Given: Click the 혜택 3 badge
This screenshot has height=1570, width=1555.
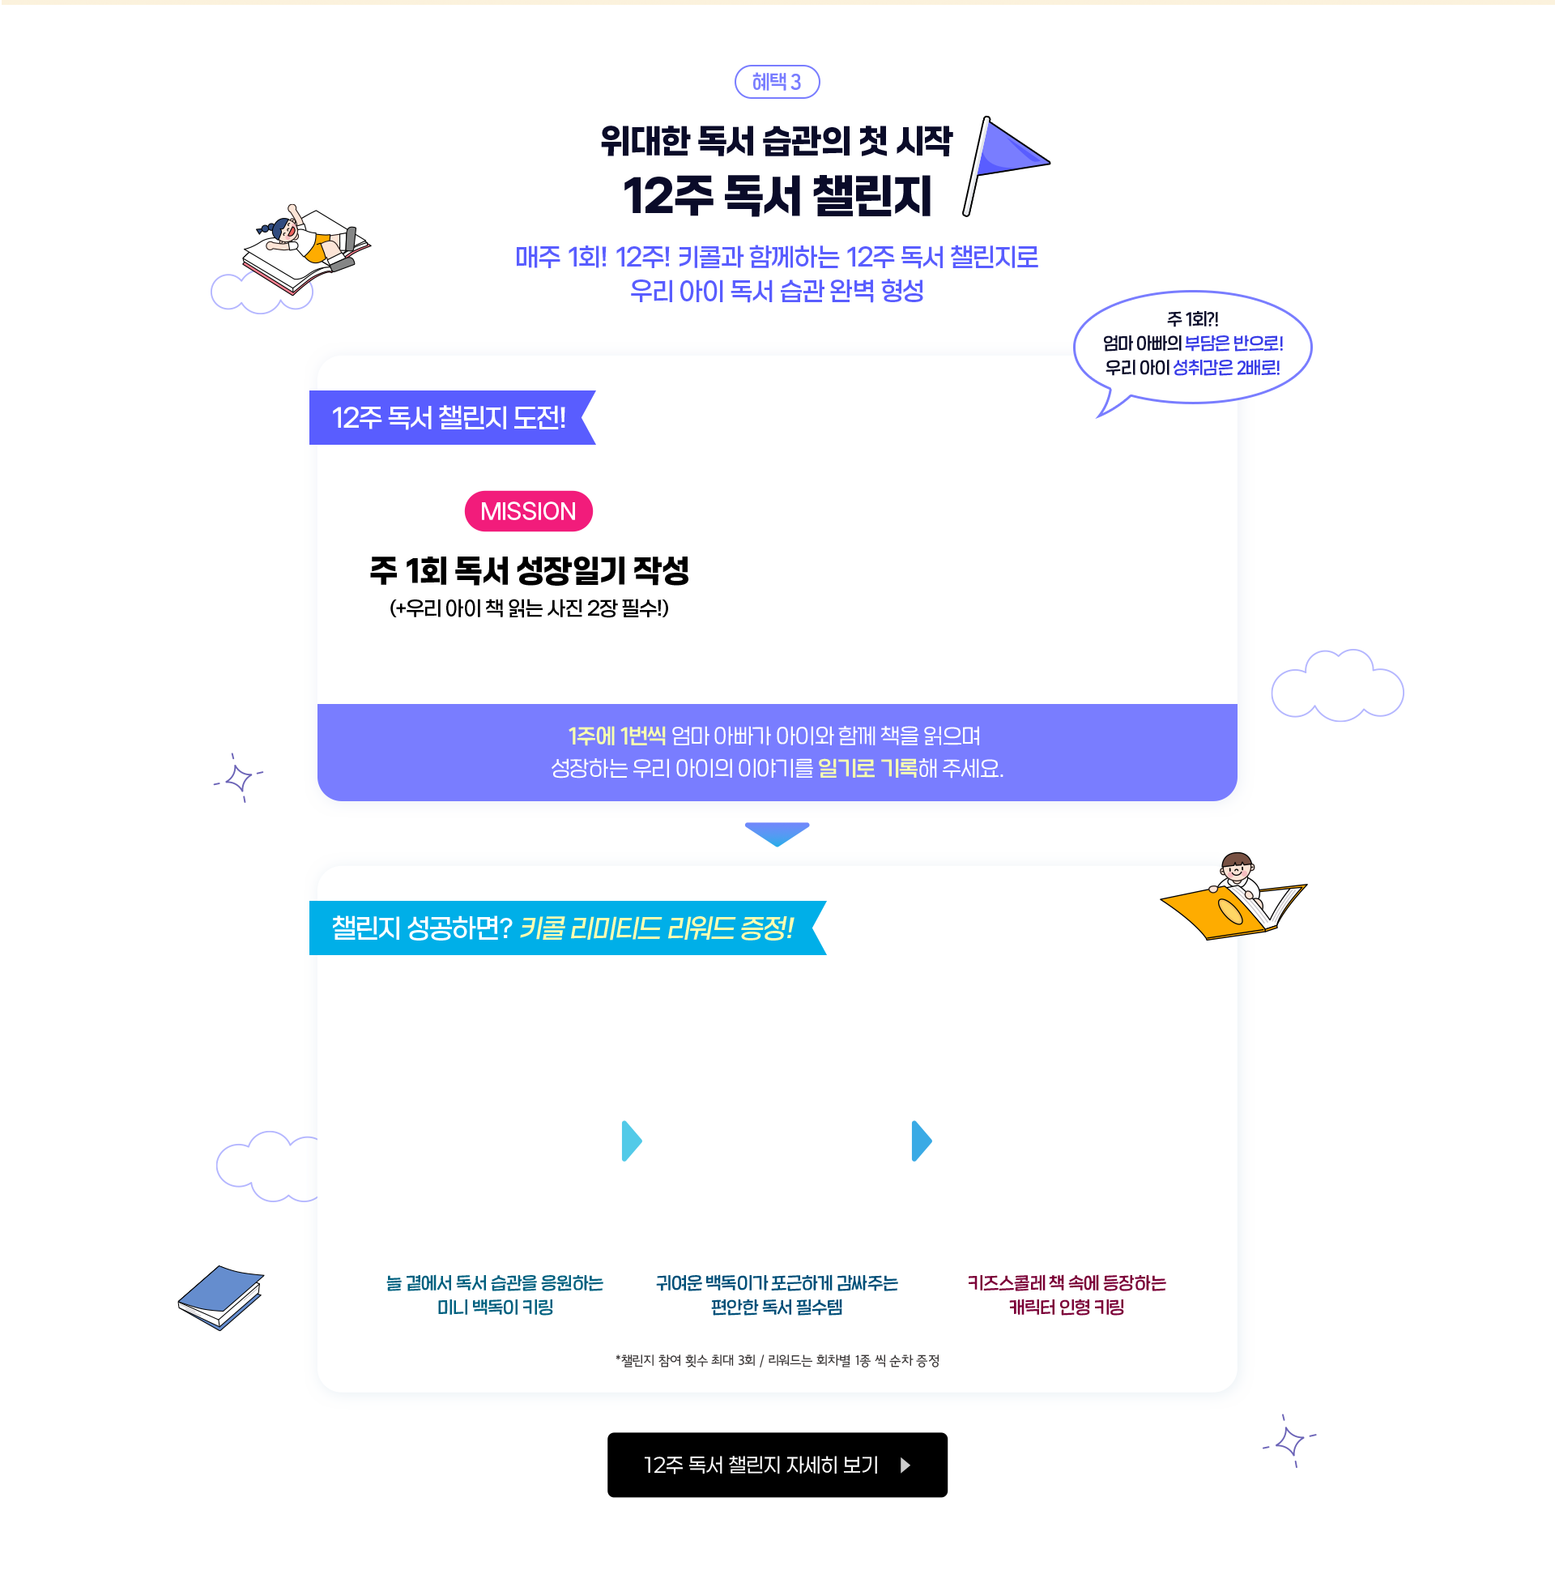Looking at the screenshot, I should [776, 82].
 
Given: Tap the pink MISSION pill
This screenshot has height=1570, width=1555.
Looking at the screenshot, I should [528, 511].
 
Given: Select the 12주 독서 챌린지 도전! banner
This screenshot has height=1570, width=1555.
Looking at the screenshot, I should [450, 418].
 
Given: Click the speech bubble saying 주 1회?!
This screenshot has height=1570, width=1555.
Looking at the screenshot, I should [1192, 344].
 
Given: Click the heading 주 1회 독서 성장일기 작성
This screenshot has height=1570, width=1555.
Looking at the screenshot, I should [529, 570].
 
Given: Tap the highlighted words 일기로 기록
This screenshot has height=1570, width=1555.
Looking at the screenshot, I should [867, 768].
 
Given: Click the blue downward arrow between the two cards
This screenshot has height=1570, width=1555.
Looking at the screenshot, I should [777, 833].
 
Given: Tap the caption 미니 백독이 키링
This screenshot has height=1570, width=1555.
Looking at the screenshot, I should [495, 1308].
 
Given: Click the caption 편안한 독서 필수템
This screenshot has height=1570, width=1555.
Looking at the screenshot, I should [777, 1308].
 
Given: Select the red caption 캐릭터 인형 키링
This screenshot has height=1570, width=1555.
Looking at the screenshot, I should [1066, 1308].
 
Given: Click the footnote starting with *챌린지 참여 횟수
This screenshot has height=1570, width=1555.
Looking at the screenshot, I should [777, 1361].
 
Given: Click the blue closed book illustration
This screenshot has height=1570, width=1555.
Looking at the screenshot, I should [221, 1296].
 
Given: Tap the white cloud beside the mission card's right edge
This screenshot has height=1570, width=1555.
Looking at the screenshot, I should [1337, 687].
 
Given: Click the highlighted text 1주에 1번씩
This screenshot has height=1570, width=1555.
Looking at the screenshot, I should [616, 736].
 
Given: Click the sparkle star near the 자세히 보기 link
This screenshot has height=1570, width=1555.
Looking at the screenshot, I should [1289, 1443].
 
